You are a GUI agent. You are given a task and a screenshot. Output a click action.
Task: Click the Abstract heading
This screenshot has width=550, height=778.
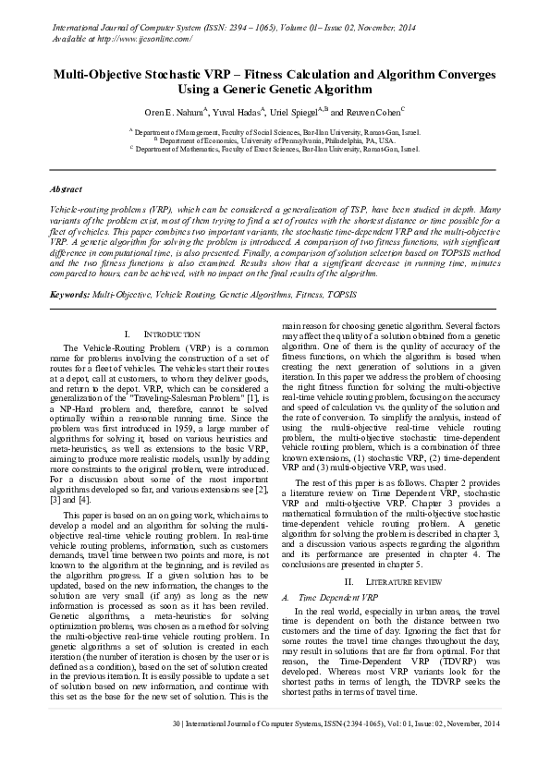point(67,188)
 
